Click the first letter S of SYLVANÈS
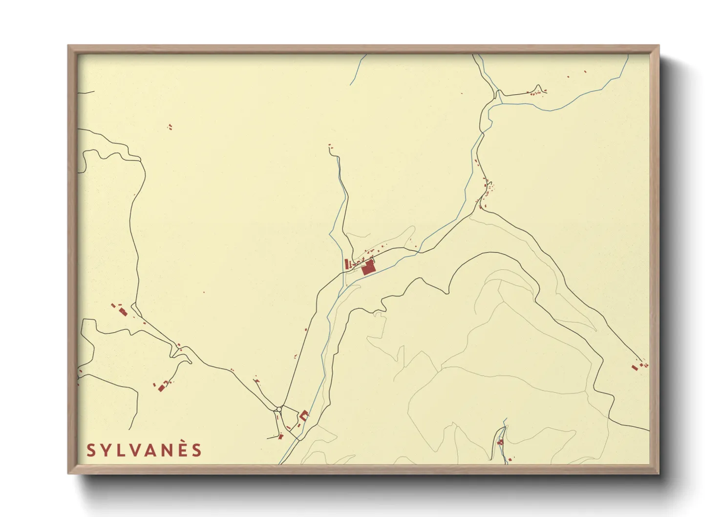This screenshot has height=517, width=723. [90, 450]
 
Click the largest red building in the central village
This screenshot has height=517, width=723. [368, 268]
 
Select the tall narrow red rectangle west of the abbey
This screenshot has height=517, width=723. [347, 264]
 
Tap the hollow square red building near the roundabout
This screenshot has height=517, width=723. [304, 415]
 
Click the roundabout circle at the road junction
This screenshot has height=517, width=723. [279, 409]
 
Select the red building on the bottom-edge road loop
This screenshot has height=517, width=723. [500, 443]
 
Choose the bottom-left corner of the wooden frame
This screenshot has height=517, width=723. [69, 473]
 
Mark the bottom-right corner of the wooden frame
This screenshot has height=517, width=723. [659, 473]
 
